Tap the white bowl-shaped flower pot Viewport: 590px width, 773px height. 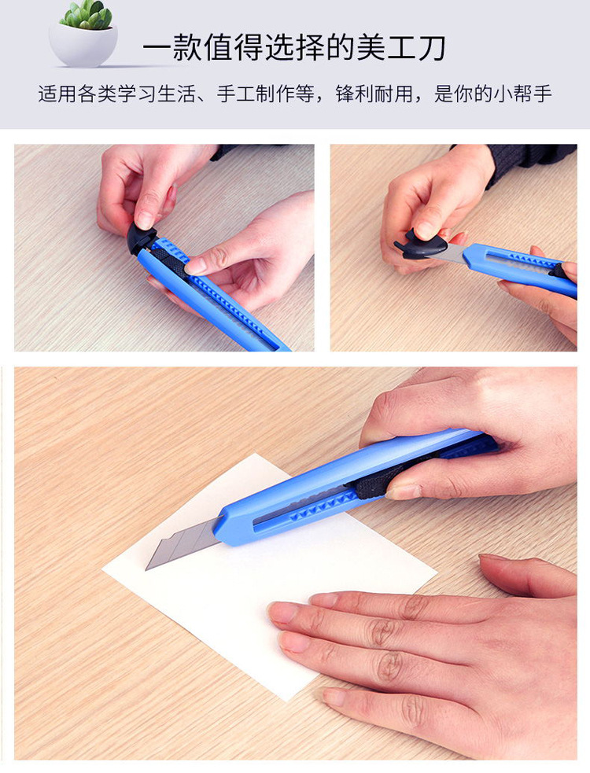[83, 46]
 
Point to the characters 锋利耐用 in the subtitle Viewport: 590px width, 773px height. [374, 94]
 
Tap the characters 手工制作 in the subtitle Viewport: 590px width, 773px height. [256, 94]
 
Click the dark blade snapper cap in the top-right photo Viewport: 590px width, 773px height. [420, 245]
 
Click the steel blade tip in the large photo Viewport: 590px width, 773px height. [146, 568]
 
